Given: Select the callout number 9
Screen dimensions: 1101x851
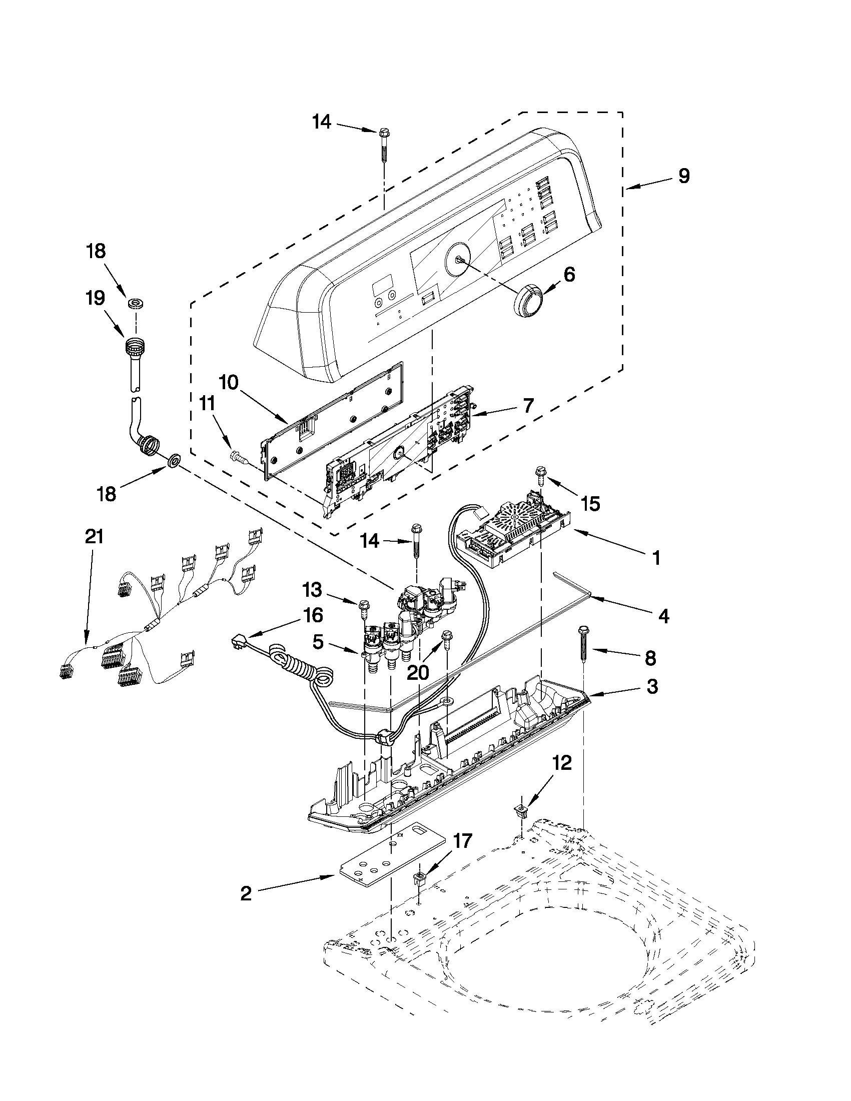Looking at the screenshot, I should [x=683, y=176].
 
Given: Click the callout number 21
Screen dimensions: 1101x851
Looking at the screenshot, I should [x=94, y=537].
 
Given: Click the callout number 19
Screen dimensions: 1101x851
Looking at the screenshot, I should [x=96, y=298].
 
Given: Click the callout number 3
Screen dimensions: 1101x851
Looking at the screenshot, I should [x=652, y=686].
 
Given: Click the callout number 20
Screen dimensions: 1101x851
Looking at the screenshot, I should [x=417, y=672].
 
